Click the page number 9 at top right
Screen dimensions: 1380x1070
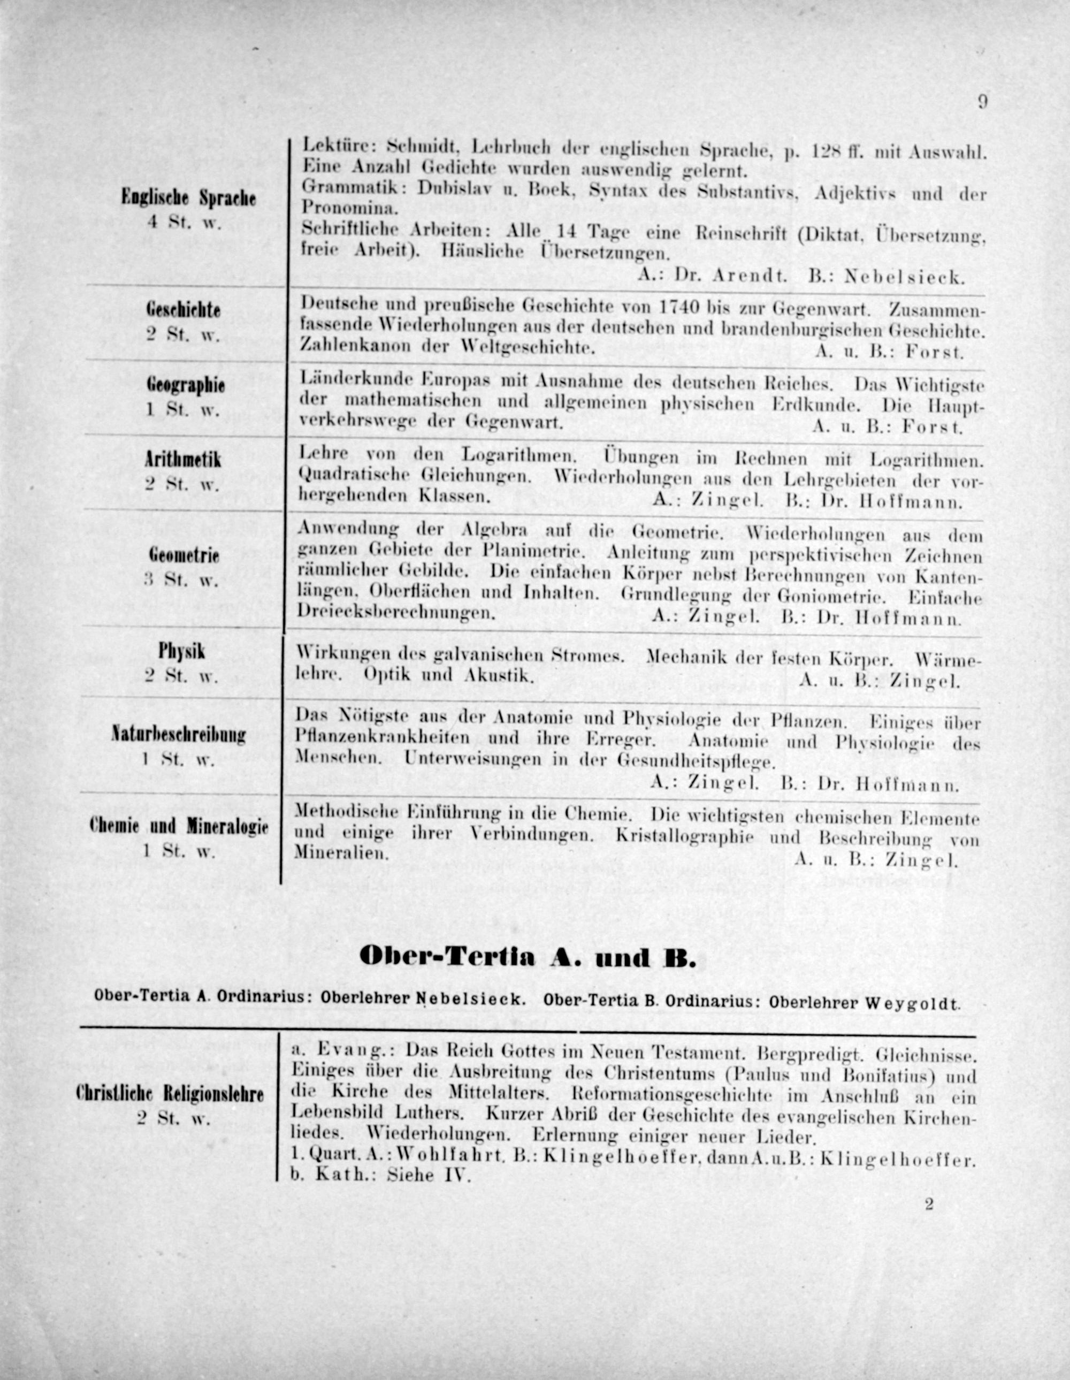tap(982, 102)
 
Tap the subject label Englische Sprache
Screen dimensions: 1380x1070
tap(188, 199)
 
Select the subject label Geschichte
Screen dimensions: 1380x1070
tap(183, 310)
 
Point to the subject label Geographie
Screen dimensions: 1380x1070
tap(185, 385)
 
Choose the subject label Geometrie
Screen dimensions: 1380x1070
tap(184, 555)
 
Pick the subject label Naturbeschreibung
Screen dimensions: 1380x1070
tap(179, 735)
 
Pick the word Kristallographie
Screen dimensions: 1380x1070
tap(692, 838)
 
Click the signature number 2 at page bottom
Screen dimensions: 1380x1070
tap(929, 1204)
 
